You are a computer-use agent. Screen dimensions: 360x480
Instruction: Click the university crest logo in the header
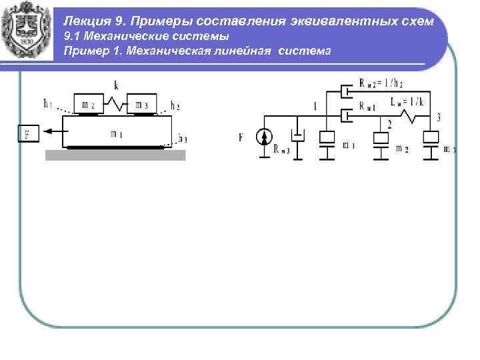click(x=28, y=31)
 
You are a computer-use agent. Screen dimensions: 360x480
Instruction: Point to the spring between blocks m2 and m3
click(x=118, y=104)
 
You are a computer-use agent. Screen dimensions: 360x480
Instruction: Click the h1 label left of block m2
click(x=49, y=103)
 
